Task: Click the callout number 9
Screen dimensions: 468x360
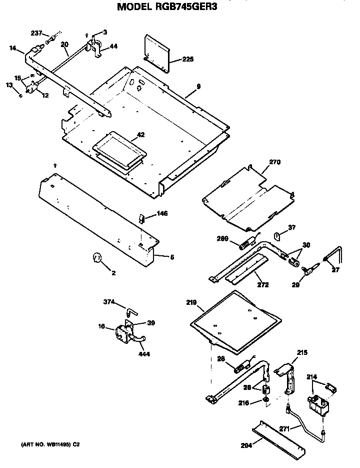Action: coord(198,87)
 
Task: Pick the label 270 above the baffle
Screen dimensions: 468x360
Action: coord(275,162)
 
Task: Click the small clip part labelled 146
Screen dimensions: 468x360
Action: coord(141,218)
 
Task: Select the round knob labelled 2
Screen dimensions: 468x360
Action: coord(97,258)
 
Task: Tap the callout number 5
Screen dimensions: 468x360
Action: coord(172,257)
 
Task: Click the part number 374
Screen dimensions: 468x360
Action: coord(108,301)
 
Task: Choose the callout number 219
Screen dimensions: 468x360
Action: coord(190,303)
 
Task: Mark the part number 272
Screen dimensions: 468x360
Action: coord(262,285)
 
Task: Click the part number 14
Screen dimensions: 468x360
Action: coord(13,48)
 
